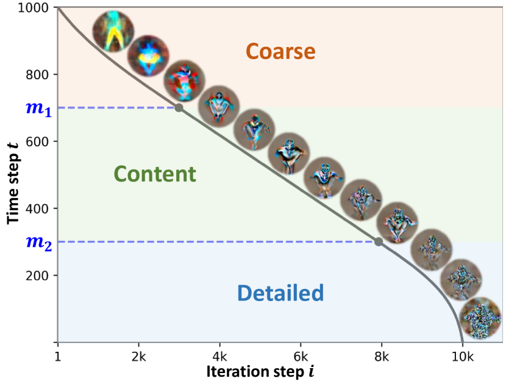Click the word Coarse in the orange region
coord(280,52)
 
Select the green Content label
coord(155,175)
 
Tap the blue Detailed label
coord(280,294)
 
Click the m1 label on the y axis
coord(38,109)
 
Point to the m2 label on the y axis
coord(38,243)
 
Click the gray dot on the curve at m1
coord(179,108)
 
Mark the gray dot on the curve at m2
coord(379,242)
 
